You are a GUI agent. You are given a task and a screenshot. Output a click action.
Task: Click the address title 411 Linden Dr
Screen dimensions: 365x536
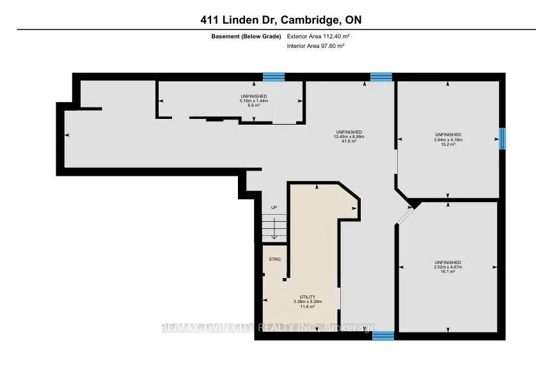267,20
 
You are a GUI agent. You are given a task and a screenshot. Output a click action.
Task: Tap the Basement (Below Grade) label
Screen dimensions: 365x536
246,36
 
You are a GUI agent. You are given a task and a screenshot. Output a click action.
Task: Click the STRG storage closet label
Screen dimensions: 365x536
274,260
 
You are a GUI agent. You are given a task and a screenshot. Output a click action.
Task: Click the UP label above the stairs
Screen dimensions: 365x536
274,208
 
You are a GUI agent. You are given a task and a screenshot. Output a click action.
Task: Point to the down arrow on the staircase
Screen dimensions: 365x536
274,228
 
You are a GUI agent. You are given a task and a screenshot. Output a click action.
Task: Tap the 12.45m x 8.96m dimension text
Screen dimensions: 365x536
349,136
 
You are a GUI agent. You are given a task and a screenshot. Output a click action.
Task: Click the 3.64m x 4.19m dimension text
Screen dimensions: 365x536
448,139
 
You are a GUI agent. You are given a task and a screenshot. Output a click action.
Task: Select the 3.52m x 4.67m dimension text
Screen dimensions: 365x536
448,267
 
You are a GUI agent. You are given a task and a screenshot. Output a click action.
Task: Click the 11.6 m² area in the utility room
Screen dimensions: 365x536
307,306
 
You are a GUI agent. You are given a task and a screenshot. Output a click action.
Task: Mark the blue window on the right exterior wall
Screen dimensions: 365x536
502,138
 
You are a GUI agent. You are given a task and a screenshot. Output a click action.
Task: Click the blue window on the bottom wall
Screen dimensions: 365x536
383,336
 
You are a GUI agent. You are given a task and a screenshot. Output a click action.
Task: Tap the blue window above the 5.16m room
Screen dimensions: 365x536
274,77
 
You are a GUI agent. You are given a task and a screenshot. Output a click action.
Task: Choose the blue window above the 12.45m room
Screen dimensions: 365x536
381,77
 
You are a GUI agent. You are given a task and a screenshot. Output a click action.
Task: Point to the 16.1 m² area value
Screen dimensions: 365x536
448,272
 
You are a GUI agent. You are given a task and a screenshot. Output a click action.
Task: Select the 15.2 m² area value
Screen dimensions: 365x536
448,144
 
